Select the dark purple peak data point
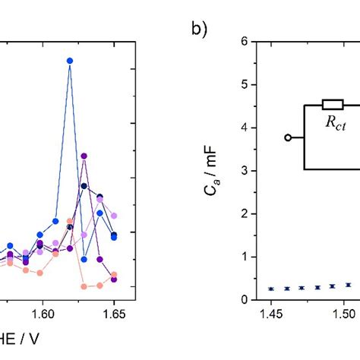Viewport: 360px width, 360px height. coord(84,156)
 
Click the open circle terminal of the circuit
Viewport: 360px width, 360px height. coord(288,137)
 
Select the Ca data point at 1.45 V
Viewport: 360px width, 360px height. coord(271,289)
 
